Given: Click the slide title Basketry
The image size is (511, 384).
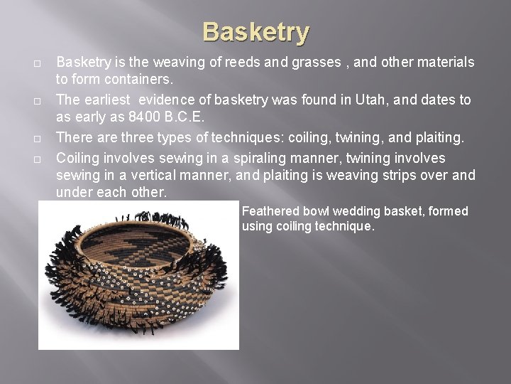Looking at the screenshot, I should point(255,32).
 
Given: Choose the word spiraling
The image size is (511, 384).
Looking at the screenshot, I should point(240,156).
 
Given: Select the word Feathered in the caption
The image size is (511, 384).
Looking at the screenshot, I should point(271,211).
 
